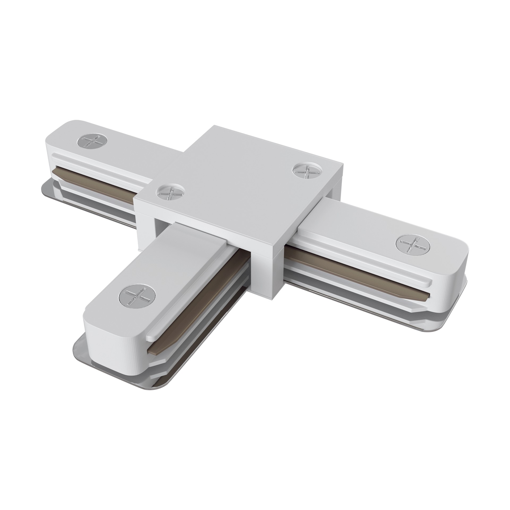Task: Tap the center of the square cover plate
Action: [236, 183]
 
